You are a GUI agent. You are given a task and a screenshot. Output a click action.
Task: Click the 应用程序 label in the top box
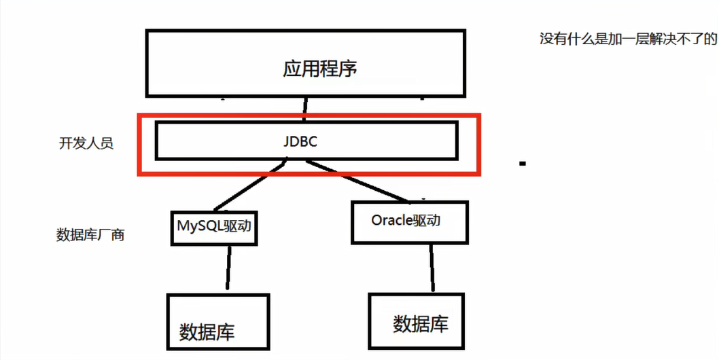coord(319,69)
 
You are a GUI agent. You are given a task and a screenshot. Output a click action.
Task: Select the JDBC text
coord(300,142)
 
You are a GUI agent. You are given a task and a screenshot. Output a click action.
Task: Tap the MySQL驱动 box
coord(214,227)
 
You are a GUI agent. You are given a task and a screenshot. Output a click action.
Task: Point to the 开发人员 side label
coord(86,143)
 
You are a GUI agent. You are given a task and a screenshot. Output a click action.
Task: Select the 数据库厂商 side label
coord(90,235)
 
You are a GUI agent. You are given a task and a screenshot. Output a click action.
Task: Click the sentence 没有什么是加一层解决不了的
coord(628,39)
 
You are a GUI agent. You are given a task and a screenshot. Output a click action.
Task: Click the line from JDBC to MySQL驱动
coord(248,185)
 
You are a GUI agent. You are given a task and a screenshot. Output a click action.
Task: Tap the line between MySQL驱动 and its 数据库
coord(225,268)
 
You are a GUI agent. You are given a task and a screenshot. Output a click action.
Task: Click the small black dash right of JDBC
coord(523,164)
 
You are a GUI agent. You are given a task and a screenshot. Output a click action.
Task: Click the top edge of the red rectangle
coord(309,116)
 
